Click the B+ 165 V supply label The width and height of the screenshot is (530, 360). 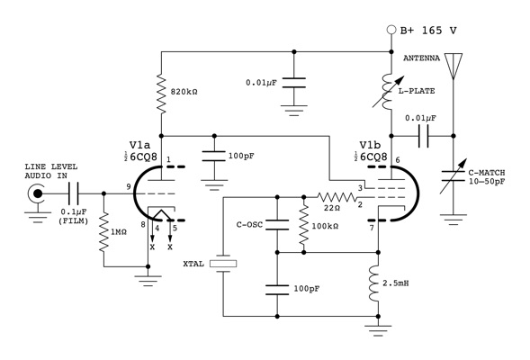click(x=431, y=30)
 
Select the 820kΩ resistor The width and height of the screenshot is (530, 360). click(x=160, y=93)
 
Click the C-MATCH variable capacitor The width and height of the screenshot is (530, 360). click(x=454, y=175)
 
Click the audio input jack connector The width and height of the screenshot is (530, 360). click(x=38, y=193)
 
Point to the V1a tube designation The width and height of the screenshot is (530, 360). click(x=140, y=145)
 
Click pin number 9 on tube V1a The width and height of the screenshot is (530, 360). click(x=129, y=186)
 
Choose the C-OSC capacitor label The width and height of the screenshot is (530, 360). click(x=251, y=225)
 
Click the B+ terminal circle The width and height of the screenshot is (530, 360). click(x=391, y=30)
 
